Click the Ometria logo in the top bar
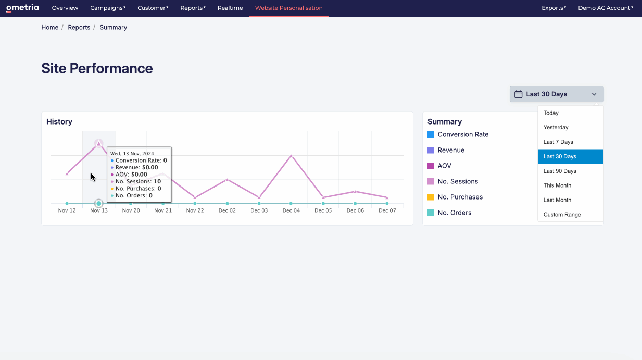tap(22, 8)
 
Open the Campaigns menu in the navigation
tap(108, 8)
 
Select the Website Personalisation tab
tap(288, 8)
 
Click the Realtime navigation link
tap(230, 8)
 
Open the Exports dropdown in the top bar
tap(553, 8)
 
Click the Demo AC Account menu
tap(605, 8)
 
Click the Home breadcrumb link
tap(50, 27)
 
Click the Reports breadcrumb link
tap(79, 27)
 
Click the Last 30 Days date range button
tap(556, 94)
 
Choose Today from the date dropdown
tap(551, 113)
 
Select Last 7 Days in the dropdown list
tap(558, 142)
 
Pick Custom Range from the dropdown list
tap(562, 215)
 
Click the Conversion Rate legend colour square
tap(431, 134)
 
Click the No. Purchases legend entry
tap(460, 197)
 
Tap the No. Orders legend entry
tap(454, 213)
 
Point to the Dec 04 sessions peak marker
tap(291, 155)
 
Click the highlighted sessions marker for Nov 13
tap(98, 143)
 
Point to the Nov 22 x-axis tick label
tap(195, 210)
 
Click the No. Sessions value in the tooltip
tap(157, 181)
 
